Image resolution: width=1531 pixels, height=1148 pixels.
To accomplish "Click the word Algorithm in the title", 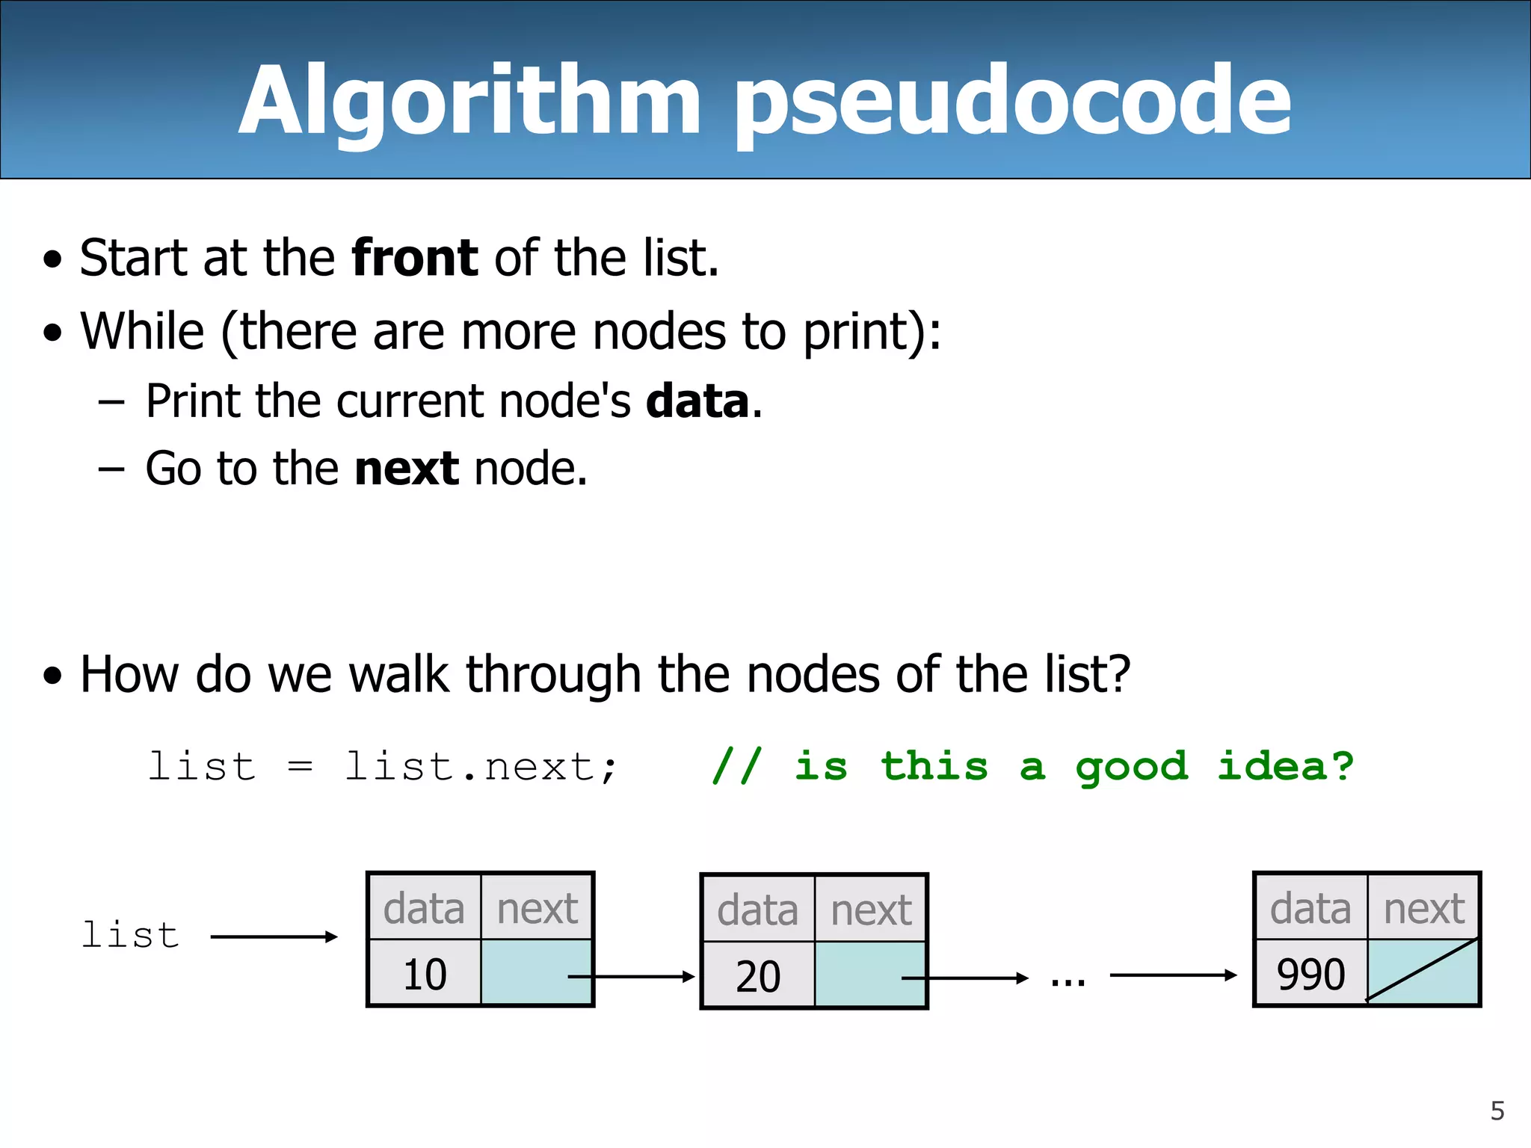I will [469, 101].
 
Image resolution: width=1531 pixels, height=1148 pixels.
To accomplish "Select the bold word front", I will [414, 258].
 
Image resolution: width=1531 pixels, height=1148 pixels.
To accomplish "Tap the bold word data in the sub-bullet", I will [697, 401].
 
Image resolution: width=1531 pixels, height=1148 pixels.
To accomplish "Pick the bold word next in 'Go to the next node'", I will [407, 469].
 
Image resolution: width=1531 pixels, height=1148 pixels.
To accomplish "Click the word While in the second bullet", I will [142, 331].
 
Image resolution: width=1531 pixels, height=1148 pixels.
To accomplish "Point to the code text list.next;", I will [481, 767].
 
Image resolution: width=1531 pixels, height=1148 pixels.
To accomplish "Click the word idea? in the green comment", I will [1285, 767].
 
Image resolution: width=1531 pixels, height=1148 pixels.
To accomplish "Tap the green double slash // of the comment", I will [738, 767].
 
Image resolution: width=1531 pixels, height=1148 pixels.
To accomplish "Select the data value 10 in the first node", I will [425, 975].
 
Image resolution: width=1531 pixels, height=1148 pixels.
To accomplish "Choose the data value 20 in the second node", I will [758, 977].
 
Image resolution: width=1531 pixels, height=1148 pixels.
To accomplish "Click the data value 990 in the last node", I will [1310, 975].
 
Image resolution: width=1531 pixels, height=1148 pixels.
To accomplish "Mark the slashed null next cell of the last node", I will [1423, 972].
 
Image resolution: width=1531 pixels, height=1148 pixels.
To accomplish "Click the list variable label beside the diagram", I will [131, 936].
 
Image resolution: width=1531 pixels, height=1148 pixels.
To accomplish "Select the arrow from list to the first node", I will [274, 936].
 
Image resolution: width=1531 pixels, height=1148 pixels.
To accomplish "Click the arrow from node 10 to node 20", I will [632, 976].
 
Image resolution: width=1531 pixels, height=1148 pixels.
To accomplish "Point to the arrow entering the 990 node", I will [1173, 975].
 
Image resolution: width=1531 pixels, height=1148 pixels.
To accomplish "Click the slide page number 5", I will [1497, 1111].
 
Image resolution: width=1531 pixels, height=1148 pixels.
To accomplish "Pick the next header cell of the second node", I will [871, 910].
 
